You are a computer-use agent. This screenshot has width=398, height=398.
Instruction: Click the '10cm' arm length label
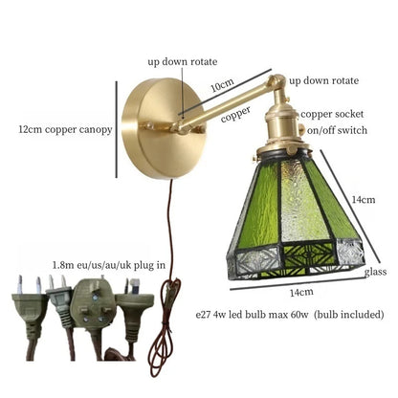coord(221,85)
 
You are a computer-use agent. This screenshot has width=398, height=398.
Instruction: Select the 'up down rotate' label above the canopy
coord(183,60)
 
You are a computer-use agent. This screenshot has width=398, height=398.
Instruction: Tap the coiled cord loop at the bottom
coord(164,340)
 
